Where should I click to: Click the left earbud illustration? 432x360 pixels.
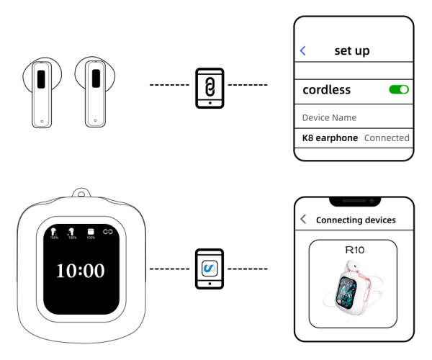point(40,93)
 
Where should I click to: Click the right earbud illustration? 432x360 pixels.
point(94,93)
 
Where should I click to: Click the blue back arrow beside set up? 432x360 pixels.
point(303,50)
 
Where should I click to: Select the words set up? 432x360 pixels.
point(352,51)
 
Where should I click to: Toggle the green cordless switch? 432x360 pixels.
point(399,90)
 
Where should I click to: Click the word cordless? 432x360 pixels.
point(326,90)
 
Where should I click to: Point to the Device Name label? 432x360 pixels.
point(329,117)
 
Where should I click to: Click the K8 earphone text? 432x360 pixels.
point(330,138)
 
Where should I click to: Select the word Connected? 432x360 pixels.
point(387,138)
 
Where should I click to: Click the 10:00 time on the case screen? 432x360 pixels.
point(81,271)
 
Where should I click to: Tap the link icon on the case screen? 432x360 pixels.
point(108,232)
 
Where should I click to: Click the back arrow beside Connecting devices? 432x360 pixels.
point(303,220)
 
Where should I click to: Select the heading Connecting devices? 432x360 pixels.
point(356,220)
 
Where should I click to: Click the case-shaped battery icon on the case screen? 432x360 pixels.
point(91,232)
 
